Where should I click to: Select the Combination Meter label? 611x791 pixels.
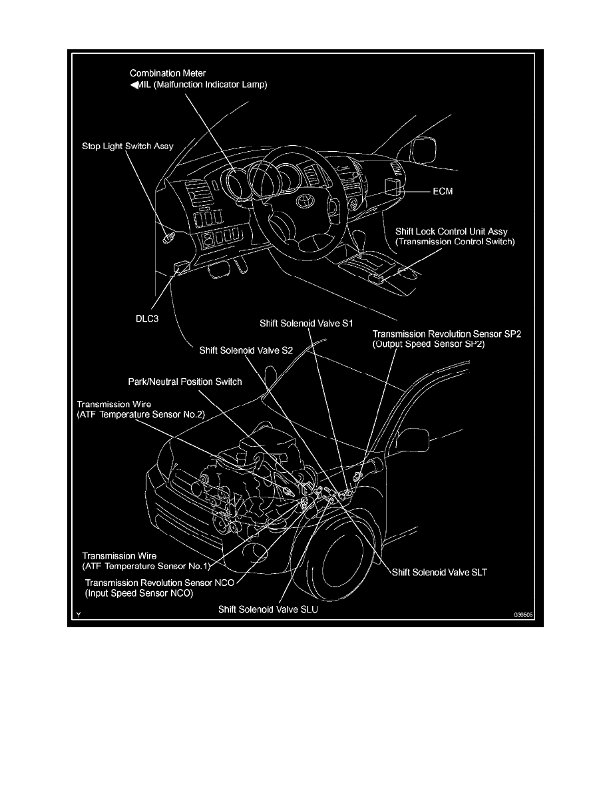point(168,73)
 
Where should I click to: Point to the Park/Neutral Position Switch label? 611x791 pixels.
point(185,382)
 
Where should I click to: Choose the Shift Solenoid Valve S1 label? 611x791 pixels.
point(305,322)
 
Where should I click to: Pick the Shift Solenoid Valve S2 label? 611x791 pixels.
point(246,348)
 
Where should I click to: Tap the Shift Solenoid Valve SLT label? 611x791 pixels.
point(440,571)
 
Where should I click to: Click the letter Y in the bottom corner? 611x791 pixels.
point(78,616)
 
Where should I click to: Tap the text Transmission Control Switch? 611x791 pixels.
point(455,242)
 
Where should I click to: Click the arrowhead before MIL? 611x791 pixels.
point(133,85)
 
